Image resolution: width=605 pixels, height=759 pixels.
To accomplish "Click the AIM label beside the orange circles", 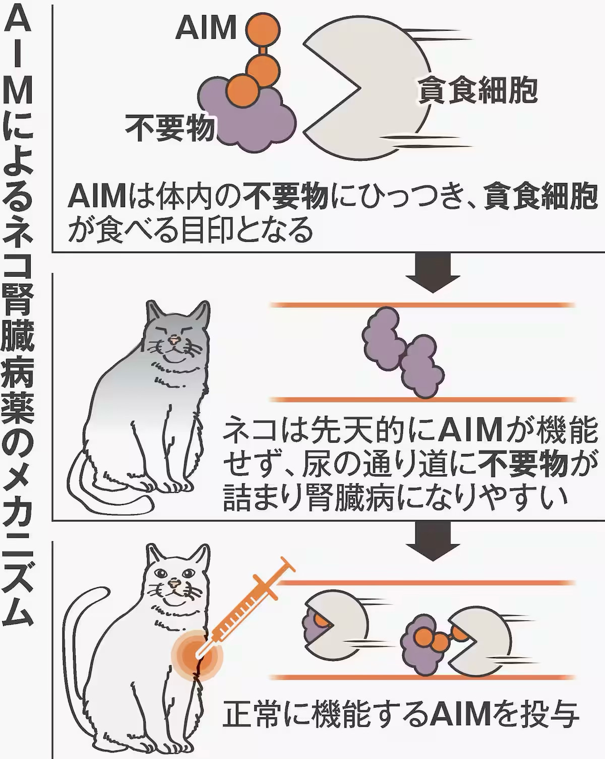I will [206, 28].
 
